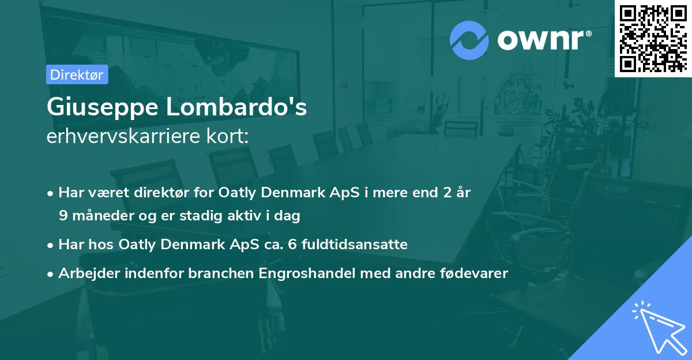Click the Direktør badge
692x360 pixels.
[x=77, y=74]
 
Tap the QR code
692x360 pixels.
[x=653, y=39]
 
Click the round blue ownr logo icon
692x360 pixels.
[x=469, y=40]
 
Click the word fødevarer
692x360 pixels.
[x=475, y=273]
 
